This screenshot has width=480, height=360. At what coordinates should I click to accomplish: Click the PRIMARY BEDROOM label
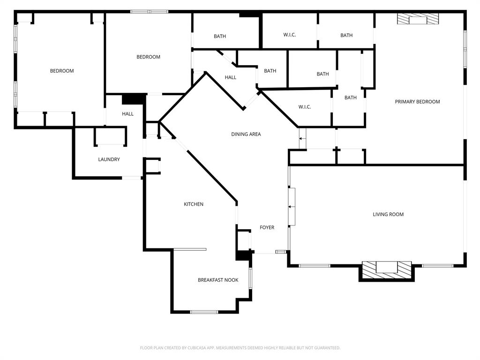click(x=417, y=102)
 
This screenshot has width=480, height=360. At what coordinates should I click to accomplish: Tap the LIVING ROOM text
click(x=388, y=214)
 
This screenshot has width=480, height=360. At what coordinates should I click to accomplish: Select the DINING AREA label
click(x=246, y=134)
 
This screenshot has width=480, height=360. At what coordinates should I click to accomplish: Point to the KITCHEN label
click(x=193, y=204)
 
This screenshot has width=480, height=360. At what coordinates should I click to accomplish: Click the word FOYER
click(x=267, y=227)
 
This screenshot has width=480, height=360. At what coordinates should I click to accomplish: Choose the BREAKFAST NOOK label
click(x=217, y=280)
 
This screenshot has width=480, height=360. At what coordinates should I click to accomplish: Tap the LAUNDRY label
click(x=109, y=159)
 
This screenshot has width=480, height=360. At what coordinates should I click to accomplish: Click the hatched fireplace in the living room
click(x=387, y=268)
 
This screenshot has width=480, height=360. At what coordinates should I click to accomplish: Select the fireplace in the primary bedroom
click(x=418, y=19)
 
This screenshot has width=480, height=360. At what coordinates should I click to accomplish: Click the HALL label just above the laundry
click(x=127, y=113)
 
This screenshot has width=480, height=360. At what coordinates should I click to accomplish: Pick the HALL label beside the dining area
click(x=230, y=77)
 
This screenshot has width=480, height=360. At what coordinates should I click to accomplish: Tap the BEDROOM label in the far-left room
click(x=62, y=71)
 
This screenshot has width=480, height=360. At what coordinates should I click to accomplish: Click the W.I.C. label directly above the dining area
click(x=305, y=107)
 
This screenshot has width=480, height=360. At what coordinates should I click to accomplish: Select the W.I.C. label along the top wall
click(x=289, y=35)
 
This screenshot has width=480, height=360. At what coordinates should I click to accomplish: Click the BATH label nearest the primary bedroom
click(x=351, y=97)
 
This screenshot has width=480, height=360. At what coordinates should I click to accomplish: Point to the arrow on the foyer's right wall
click(x=292, y=207)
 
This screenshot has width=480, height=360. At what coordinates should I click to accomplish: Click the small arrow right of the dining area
click(x=302, y=138)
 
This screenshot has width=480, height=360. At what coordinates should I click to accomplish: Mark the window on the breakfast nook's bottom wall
click(x=204, y=312)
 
